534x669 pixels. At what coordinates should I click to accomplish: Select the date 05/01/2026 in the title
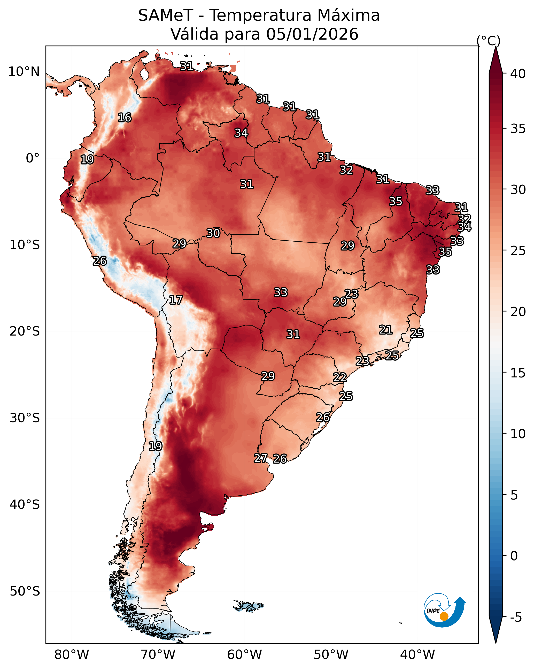[312, 34]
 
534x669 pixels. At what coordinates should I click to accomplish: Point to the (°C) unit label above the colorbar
[489, 41]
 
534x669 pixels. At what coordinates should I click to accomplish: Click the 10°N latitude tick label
[24, 72]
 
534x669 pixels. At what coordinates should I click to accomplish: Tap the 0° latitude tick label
[33, 158]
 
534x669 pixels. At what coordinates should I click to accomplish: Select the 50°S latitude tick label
[25, 591]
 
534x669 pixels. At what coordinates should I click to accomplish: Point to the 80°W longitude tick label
[72, 655]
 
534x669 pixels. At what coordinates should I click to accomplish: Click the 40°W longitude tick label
[417, 655]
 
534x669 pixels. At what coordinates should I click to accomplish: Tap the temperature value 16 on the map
[125, 118]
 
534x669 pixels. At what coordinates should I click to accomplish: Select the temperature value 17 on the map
[176, 300]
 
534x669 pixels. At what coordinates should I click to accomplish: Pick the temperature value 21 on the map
[385, 330]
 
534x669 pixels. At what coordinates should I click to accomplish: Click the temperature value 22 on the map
[340, 378]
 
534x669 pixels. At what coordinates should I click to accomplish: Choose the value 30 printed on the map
[213, 233]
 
